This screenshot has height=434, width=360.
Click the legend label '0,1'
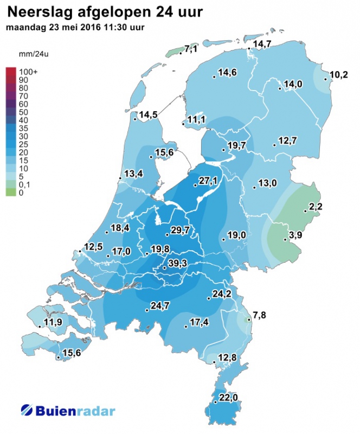[x=24, y=185]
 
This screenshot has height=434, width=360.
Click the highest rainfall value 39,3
[x=177, y=263]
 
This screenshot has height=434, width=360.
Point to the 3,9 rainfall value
[x=296, y=235]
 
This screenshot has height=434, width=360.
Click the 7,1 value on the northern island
[x=191, y=50]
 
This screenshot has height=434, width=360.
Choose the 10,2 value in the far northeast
[x=339, y=74]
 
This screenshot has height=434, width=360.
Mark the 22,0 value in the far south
[x=228, y=398]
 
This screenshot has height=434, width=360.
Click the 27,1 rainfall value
[x=208, y=181]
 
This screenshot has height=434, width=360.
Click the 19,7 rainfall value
[x=237, y=146]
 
